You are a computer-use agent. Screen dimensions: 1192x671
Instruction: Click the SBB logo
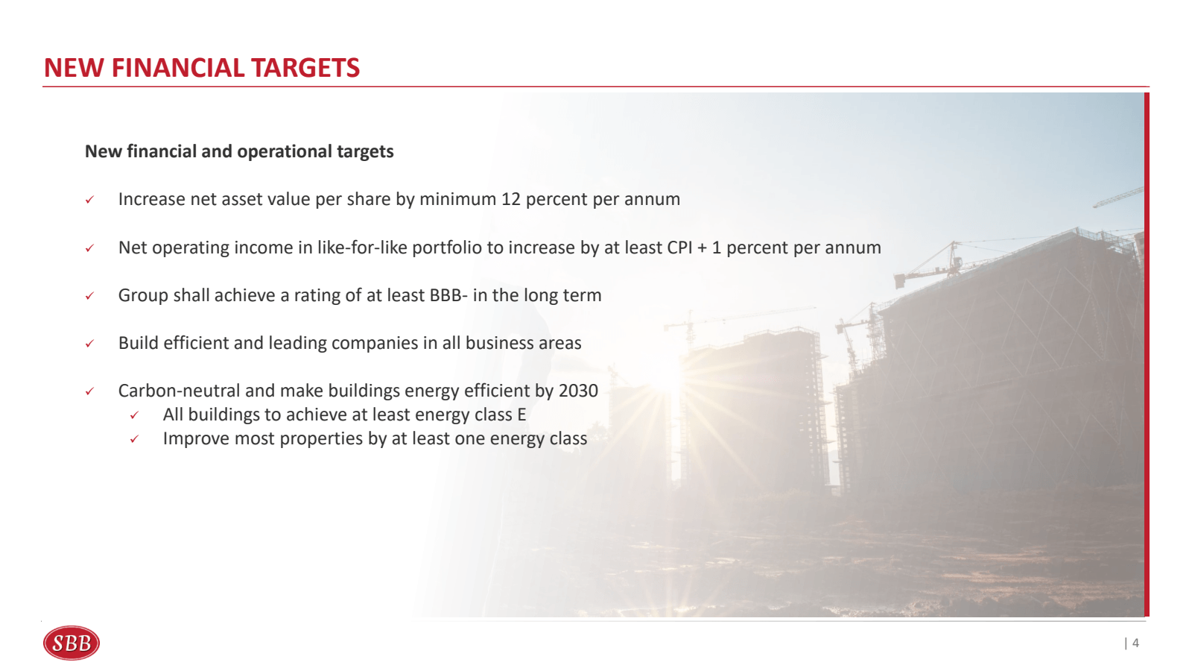pyautogui.click(x=72, y=643)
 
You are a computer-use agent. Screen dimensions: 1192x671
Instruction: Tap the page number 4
pyautogui.click(x=1135, y=643)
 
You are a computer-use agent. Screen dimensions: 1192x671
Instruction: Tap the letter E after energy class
pyautogui.click(x=521, y=415)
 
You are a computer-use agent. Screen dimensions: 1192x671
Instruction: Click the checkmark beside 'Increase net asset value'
pyautogui.click(x=89, y=200)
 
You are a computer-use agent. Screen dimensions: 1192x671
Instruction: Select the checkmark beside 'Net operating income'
pyautogui.click(x=89, y=248)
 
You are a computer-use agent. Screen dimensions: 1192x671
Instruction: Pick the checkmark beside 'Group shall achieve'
pyautogui.click(x=89, y=296)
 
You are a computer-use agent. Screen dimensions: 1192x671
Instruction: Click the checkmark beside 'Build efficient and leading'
pyautogui.click(x=89, y=344)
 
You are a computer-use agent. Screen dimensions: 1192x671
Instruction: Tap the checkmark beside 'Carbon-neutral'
pyautogui.click(x=89, y=391)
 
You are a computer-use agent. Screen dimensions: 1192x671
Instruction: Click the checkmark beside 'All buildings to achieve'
pyautogui.click(x=134, y=415)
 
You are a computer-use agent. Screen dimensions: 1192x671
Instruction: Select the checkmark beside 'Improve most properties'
pyautogui.click(x=134, y=439)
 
